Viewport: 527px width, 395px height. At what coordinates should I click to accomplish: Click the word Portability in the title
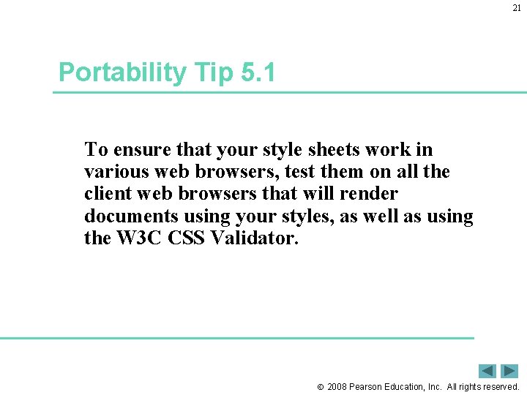pos(122,72)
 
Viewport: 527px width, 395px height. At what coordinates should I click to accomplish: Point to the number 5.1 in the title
pos(257,72)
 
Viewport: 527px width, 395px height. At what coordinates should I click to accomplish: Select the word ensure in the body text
pos(135,150)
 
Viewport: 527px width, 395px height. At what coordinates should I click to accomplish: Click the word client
pos(107,194)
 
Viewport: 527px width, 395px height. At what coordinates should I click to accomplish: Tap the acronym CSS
pos(185,238)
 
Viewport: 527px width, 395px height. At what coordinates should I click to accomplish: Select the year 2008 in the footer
pos(338,386)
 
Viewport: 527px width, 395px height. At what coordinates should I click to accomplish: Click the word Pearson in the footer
pos(369,386)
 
